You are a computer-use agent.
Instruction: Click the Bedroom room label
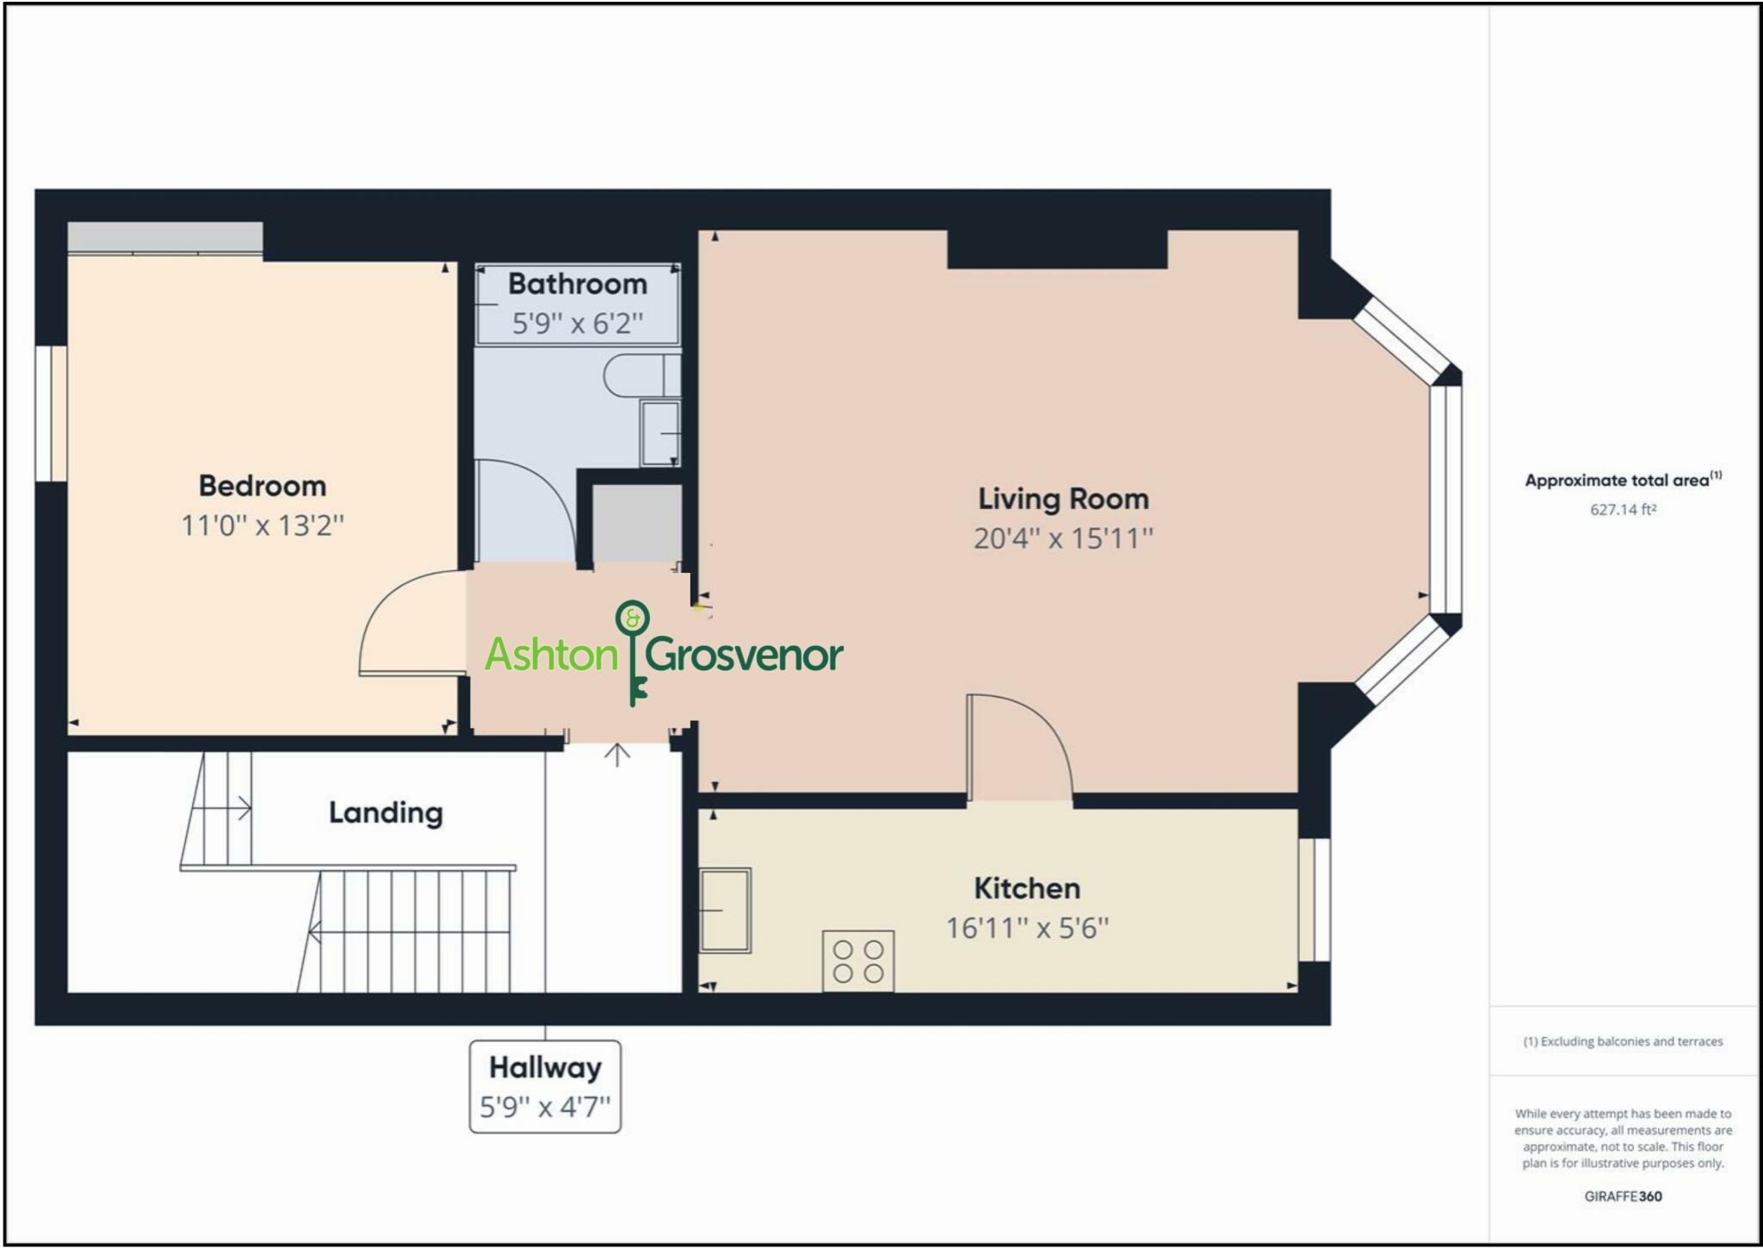coord(263,486)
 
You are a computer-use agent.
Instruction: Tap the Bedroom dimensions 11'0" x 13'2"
coord(263,525)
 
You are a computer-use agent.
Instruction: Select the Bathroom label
coord(578,284)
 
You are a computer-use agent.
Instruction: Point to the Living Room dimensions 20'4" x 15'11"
coord(1063,538)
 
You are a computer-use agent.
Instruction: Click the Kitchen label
coord(1027,888)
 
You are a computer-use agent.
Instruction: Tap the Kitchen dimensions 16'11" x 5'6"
coord(1027,929)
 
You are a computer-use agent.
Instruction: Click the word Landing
coord(386,812)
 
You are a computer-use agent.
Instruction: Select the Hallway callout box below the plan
coord(545,1086)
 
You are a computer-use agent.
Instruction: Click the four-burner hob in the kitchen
coord(858,961)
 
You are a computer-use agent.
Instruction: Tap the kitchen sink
coord(725,910)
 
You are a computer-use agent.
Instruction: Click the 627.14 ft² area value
coord(1623,509)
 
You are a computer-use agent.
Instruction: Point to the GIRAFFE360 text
coord(1623,1196)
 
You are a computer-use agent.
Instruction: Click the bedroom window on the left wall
coord(52,413)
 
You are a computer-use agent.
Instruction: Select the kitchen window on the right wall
coord(1314,899)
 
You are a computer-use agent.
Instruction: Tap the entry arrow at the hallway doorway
coord(616,755)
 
